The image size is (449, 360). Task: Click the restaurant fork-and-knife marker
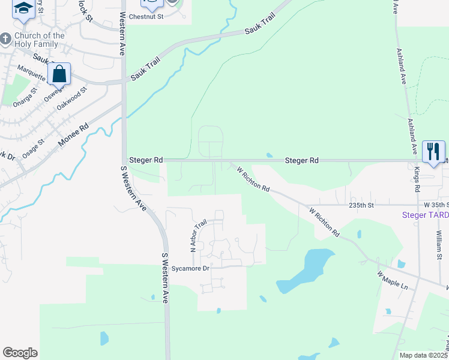[433, 150]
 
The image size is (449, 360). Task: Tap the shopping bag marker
[59, 75]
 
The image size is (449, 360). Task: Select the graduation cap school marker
[23, 8]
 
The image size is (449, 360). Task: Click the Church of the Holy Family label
[41, 40]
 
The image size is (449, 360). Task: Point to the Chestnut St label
[152, 17]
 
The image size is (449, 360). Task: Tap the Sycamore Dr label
[190, 268]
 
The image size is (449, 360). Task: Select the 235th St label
[362, 205]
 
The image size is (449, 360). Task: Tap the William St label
[439, 241]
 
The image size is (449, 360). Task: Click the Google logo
[20, 353]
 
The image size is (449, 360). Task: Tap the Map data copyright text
[423, 355]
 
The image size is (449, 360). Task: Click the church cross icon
[5, 40]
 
